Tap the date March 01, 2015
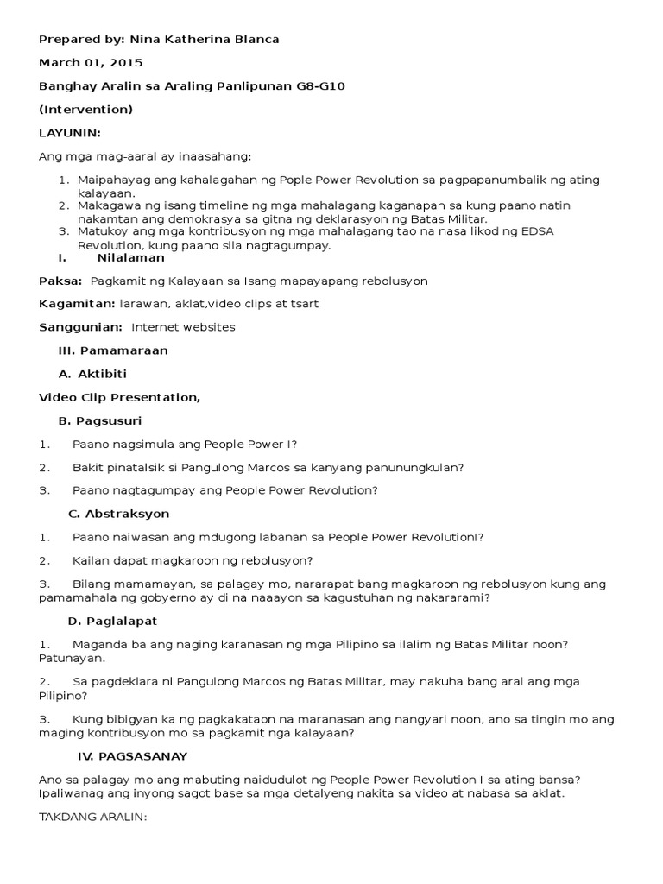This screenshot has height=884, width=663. [x=91, y=63]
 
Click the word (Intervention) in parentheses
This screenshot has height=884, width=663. [x=85, y=110]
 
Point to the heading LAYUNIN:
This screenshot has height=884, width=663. [x=70, y=133]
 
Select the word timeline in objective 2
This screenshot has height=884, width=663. [x=221, y=206]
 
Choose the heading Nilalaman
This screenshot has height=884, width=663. [x=130, y=257]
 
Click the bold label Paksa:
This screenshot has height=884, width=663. [x=60, y=281]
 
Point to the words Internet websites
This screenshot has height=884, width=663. [x=183, y=327]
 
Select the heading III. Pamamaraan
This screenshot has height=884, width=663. [x=113, y=350]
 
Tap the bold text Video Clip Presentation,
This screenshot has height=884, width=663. [x=119, y=397]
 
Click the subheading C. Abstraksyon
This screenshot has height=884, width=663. [x=118, y=514]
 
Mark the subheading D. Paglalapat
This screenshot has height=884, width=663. [x=112, y=621]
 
